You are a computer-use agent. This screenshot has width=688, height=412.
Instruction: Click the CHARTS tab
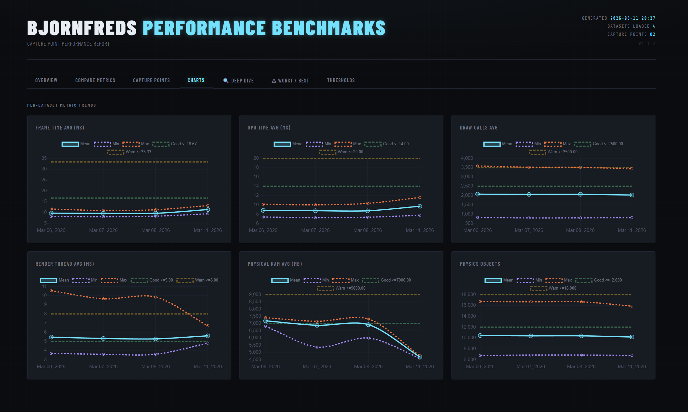click(196, 80)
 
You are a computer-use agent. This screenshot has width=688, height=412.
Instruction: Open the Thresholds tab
click(341, 80)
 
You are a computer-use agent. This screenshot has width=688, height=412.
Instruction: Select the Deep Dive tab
click(239, 81)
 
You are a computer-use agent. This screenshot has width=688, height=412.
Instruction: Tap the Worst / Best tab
click(290, 81)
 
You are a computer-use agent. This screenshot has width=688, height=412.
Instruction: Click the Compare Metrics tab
click(95, 80)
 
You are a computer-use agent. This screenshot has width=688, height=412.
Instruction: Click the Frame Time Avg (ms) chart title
click(60, 128)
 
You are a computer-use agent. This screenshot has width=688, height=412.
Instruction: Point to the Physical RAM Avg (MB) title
click(275, 264)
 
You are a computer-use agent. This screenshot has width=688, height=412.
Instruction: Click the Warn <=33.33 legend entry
click(130, 152)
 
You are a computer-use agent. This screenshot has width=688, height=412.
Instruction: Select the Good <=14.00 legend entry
click(387, 144)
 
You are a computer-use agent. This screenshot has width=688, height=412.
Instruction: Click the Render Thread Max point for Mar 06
click(51, 291)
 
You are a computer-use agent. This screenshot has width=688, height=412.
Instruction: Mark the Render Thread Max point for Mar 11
click(208, 326)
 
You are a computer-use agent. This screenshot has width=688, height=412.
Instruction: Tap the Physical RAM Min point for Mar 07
click(317, 347)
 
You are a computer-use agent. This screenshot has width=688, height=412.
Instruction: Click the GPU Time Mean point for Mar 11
click(420, 206)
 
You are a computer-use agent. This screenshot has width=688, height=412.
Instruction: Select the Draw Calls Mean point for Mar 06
click(478, 194)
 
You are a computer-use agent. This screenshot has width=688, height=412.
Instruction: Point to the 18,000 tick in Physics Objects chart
click(468, 294)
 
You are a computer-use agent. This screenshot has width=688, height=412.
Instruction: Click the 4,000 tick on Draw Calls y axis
click(467, 158)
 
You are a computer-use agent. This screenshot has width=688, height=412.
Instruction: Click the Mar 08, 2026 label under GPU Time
click(367, 230)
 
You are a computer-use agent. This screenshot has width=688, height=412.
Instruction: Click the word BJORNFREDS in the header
click(82, 28)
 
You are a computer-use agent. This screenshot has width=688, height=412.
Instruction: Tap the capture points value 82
click(652, 34)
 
